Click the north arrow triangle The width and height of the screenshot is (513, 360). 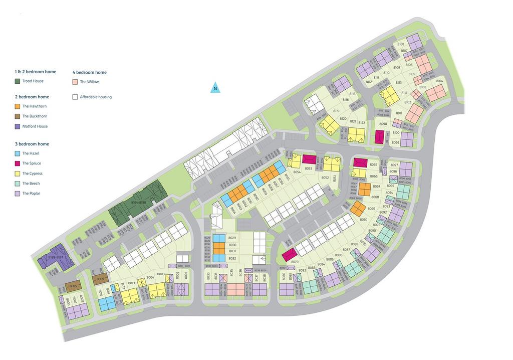click(x=215, y=88)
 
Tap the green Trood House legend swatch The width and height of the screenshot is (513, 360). click(x=18, y=81)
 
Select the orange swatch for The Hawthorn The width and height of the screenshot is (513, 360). click(x=18, y=106)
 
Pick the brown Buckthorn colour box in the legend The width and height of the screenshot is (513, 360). click(x=18, y=116)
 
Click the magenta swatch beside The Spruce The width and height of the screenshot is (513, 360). click(x=18, y=163)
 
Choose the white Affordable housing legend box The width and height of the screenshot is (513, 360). click(x=75, y=97)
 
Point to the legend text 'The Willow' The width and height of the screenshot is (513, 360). click(x=89, y=82)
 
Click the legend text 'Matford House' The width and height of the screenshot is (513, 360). click(x=35, y=126)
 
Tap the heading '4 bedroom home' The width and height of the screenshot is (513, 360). click(x=90, y=72)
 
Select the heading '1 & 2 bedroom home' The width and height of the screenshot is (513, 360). click(x=36, y=72)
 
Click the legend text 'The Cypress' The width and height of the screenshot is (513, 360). click(x=33, y=173)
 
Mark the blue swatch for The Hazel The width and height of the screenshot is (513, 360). click(x=18, y=153)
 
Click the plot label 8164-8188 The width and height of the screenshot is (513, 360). click(x=138, y=203)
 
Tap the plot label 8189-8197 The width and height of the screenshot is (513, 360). click(x=56, y=257)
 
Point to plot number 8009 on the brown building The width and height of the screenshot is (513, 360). click(x=100, y=279)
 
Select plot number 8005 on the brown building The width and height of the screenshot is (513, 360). click(x=73, y=286)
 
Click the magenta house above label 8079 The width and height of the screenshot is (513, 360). click(x=289, y=255)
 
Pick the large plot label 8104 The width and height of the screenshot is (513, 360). click(x=439, y=81)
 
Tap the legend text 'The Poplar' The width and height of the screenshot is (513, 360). click(x=32, y=194)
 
